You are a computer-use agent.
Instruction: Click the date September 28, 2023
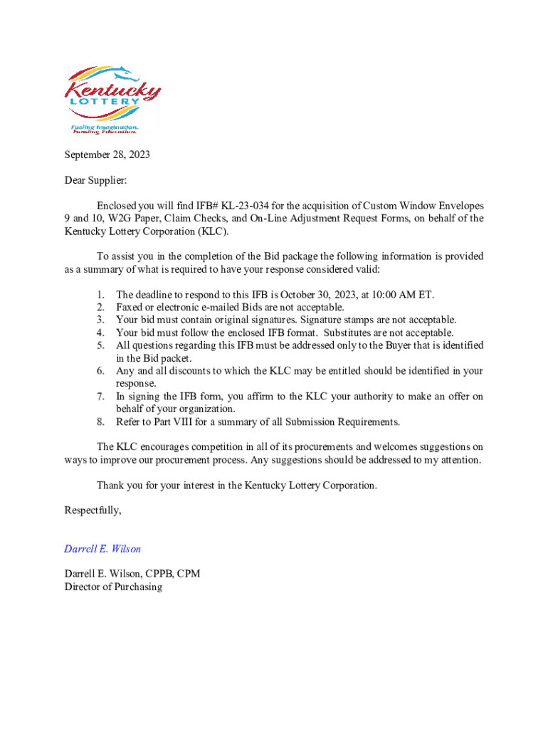[107, 154]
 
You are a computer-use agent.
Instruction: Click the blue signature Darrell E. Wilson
[102, 549]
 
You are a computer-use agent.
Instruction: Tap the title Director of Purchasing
[113, 587]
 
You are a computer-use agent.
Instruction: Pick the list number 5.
[101, 346]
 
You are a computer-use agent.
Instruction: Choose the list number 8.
[101, 422]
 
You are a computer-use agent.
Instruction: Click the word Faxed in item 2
[130, 308]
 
